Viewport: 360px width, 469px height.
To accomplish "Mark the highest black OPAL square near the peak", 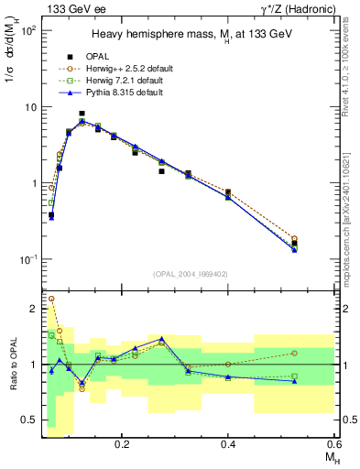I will (x=82, y=114).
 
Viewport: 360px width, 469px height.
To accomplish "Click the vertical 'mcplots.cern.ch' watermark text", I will (x=352, y=238).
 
